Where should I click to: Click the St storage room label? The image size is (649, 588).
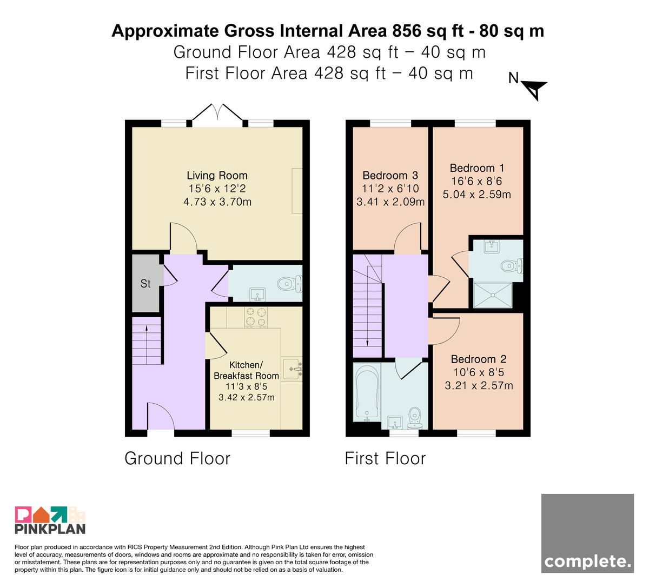(x=145, y=284)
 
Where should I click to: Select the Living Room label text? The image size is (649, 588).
(x=217, y=175)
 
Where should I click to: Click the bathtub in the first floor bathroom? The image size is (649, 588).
(x=367, y=393)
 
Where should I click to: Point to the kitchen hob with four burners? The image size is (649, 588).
(x=256, y=317)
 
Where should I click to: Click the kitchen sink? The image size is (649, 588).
(x=292, y=369)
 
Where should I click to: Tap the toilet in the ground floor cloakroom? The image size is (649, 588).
(x=289, y=284)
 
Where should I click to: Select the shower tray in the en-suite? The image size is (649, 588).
(x=492, y=295)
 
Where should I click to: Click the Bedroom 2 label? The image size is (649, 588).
(x=479, y=359)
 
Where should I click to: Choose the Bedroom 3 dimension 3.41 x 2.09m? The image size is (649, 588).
(x=390, y=202)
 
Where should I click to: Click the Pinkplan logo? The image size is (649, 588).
(x=50, y=520)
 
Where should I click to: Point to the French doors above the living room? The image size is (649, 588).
(x=217, y=114)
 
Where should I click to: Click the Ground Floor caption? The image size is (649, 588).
(x=177, y=458)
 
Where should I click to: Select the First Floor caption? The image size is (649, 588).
(x=385, y=458)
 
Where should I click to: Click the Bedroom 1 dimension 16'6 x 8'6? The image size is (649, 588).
(x=476, y=181)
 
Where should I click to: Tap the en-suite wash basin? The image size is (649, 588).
(x=492, y=246)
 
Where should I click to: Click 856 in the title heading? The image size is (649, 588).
(x=406, y=31)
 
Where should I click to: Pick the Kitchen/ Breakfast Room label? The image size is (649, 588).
(x=246, y=370)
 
